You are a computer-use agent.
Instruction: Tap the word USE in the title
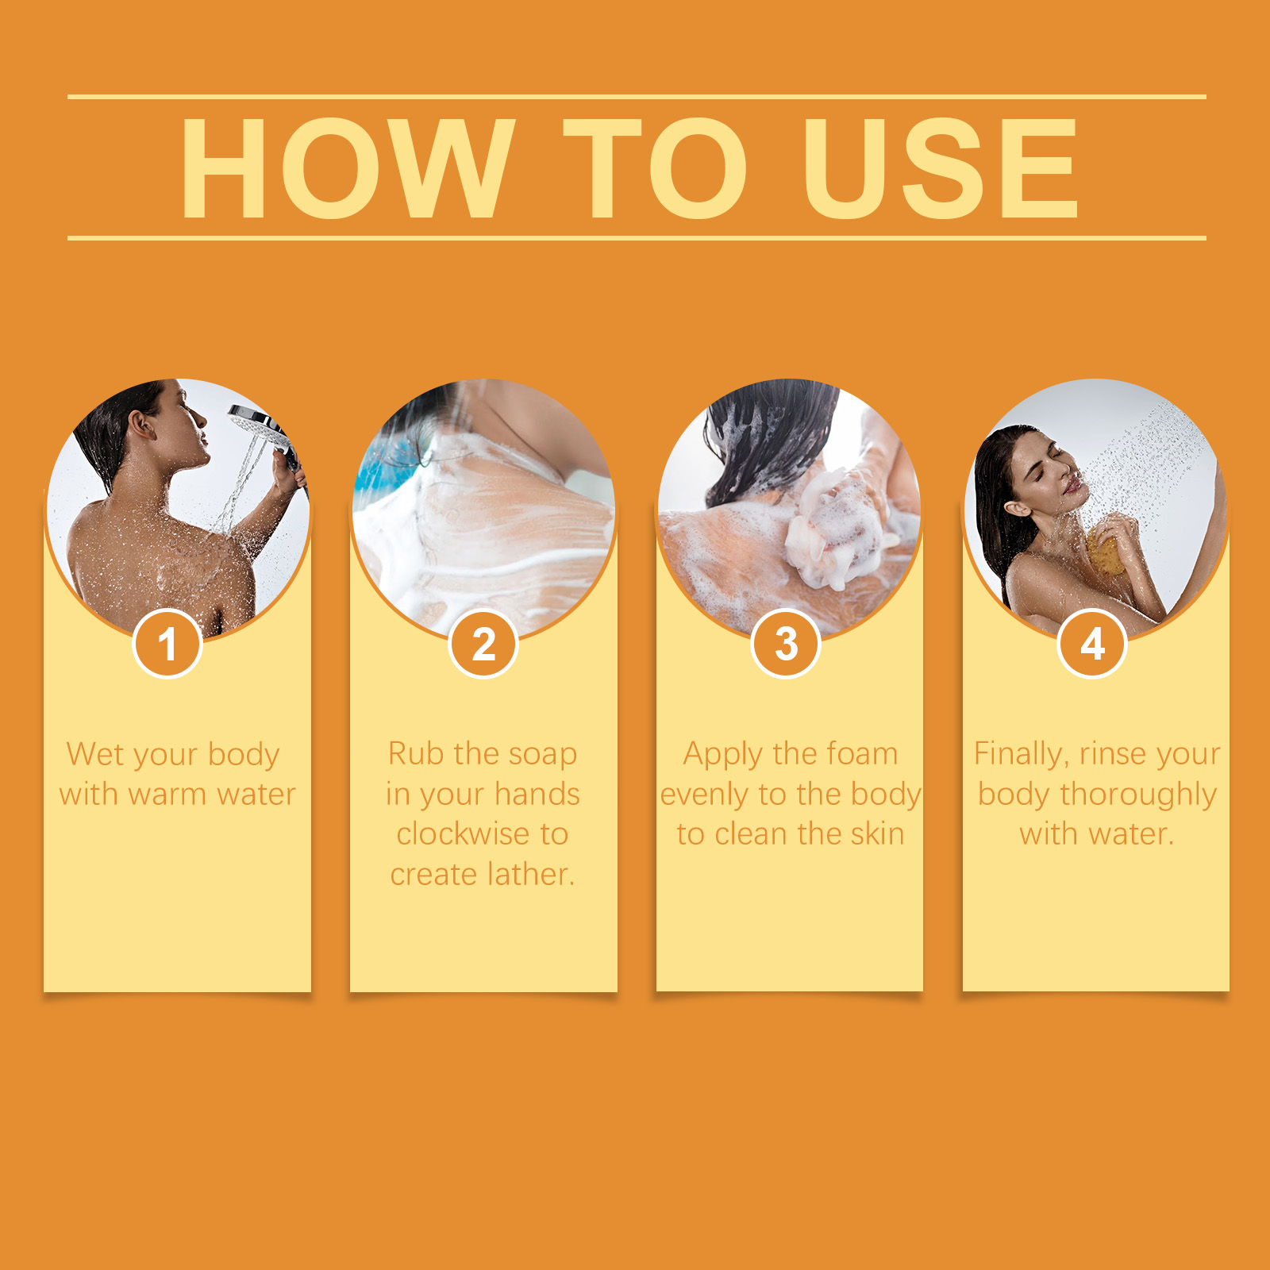tap(941, 167)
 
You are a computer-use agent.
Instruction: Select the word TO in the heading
tap(656, 167)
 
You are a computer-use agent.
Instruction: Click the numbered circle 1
tap(167, 644)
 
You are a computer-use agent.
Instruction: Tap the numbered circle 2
tap(483, 644)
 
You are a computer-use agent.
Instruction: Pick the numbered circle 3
tap(786, 644)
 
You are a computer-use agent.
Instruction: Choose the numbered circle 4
tap(1092, 644)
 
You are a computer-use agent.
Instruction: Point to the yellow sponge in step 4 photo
tap(1106, 548)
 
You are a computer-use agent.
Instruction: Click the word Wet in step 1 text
tap(95, 754)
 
